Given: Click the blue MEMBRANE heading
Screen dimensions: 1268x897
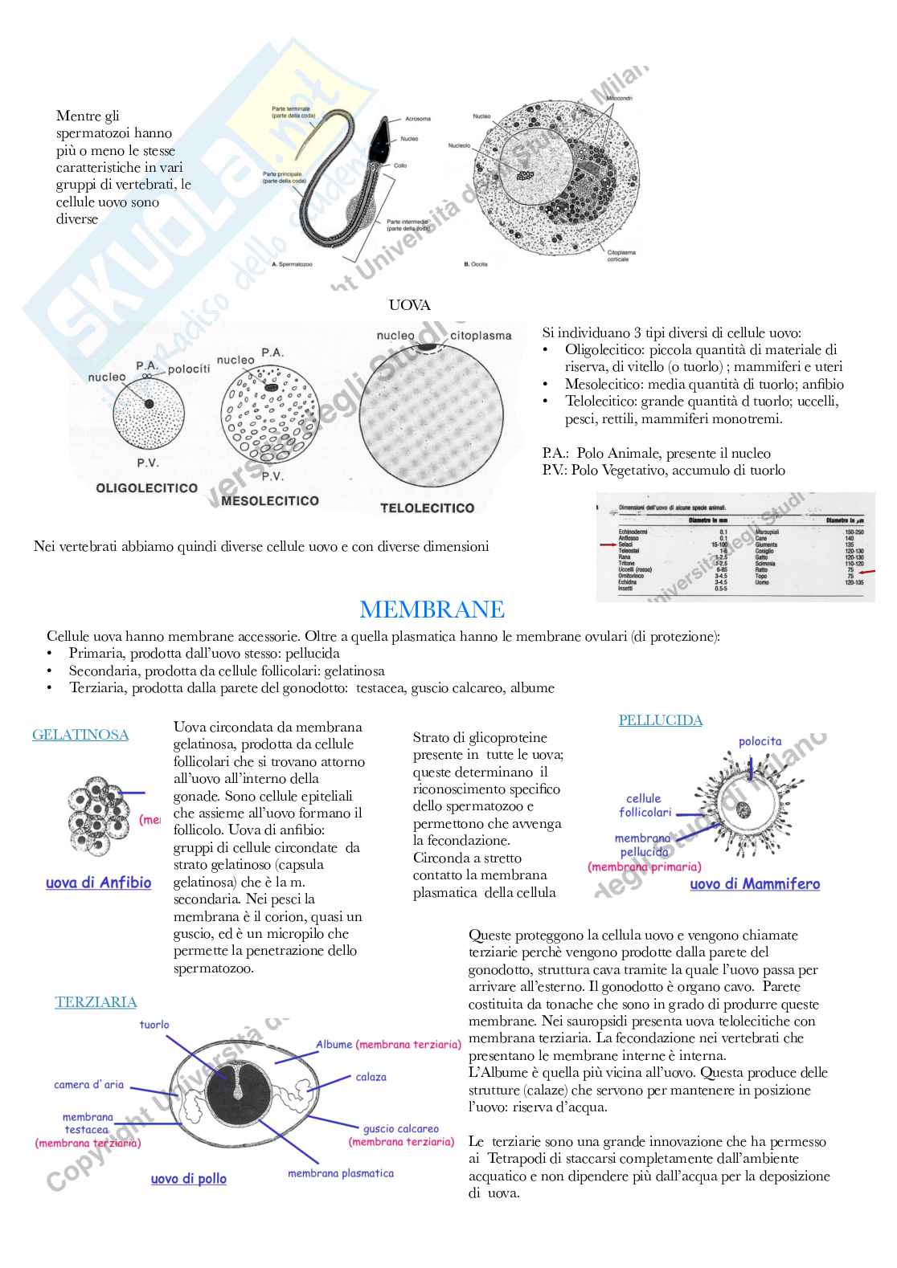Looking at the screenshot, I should [432, 610].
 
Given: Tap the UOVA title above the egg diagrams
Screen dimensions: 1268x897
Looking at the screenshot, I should [410, 305].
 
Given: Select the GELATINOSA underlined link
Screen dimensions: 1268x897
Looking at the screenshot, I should [80, 735].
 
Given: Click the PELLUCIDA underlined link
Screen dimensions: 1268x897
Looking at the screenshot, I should [660, 720].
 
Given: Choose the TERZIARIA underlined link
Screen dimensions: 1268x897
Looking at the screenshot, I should [96, 1002].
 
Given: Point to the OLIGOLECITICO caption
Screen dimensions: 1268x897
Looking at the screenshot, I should [146, 488].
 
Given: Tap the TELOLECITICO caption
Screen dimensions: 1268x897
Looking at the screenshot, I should [427, 508].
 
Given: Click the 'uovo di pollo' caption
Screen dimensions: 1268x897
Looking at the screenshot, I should [189, 1179].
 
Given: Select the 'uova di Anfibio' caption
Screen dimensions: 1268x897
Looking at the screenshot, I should [99, 883].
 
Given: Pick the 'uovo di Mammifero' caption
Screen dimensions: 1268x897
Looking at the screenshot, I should [755, 884].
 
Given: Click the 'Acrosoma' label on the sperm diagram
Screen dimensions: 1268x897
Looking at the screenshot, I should [417, 119].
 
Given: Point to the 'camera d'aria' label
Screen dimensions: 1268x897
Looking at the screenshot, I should [89, 1084].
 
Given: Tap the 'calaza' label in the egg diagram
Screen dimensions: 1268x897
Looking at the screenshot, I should [371, 1077].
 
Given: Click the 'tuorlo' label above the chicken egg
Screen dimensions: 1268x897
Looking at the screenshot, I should [154, 1025].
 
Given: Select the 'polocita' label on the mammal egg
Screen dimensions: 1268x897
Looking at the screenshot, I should [760, 741].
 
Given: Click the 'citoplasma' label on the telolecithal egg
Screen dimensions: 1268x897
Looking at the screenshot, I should [480, 335].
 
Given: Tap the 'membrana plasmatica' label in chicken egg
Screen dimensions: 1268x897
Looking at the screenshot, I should [341, 1173].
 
